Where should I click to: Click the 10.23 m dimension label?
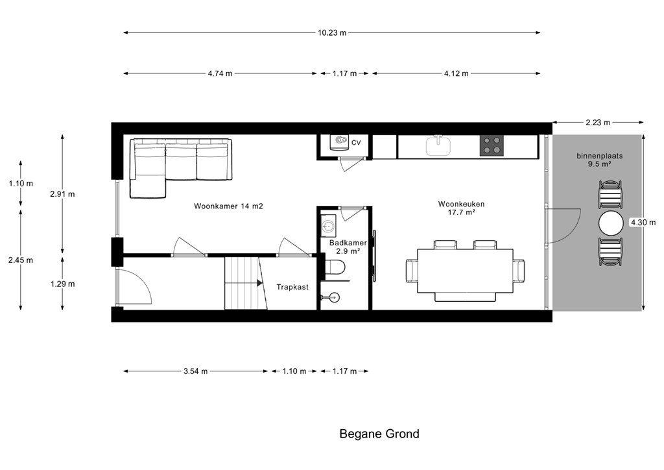pyautogui.click(x=332, y=32)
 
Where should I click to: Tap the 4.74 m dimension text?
pyautogui.click(x=220, y=73)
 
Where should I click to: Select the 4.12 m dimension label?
pyautogui.click(x=456, y=73)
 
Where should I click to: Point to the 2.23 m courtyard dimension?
pyautogui.click(x=598, y=123)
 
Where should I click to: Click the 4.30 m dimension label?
pyautogui.click(x=643, y=222)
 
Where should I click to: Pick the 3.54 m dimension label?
pyautogui.click(x=196, y=371)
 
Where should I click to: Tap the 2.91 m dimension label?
pyautogui.click(x=62, y=194)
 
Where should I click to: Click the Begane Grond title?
pyautogui.click(x=379, y=434)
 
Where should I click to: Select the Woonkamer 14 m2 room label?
pyautogui.click(x=229, y=206)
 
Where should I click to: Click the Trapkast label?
pyautogui.click(x=292, y=287)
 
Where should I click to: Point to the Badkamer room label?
pyautogui.click(x=348, y=243)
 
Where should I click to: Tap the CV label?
pyautogui.click(x=356, y=143)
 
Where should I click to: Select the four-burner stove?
pyautogui.click(x=492, y=146)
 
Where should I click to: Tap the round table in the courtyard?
pyautogui.click(x=611, y=223)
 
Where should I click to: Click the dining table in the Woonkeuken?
pyautogui.click(x=466, y=271)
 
